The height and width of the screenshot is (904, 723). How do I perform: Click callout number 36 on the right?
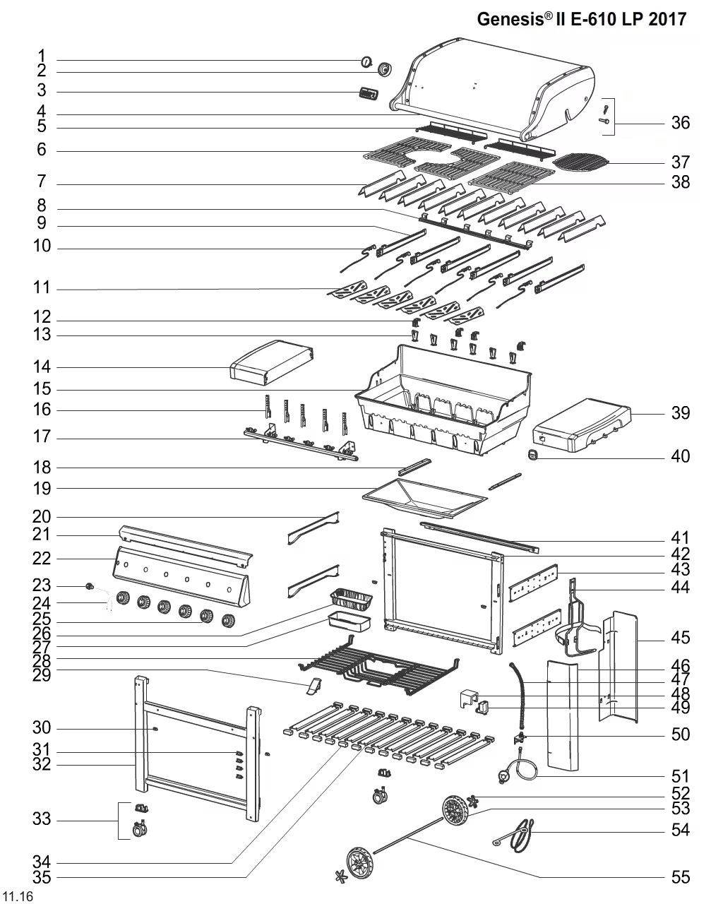click(x=680, y=123)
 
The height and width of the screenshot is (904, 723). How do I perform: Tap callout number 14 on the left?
click(x=42, y=367)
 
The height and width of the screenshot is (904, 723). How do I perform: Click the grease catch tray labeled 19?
click(x=424, y=494)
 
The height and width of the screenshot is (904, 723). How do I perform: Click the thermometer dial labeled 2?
click(x=386, y=69)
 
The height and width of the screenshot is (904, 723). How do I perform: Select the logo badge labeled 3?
click(x=368, y=94)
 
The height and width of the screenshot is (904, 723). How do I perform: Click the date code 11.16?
click(x=18, y=896)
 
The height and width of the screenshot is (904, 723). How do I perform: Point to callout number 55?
click(x=680, y=878)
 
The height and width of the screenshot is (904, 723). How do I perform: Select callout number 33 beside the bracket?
click(x=42, y=820)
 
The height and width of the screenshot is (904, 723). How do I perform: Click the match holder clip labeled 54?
click(x=521, y=835)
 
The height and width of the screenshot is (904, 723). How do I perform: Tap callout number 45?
click(x=680, y=638)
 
